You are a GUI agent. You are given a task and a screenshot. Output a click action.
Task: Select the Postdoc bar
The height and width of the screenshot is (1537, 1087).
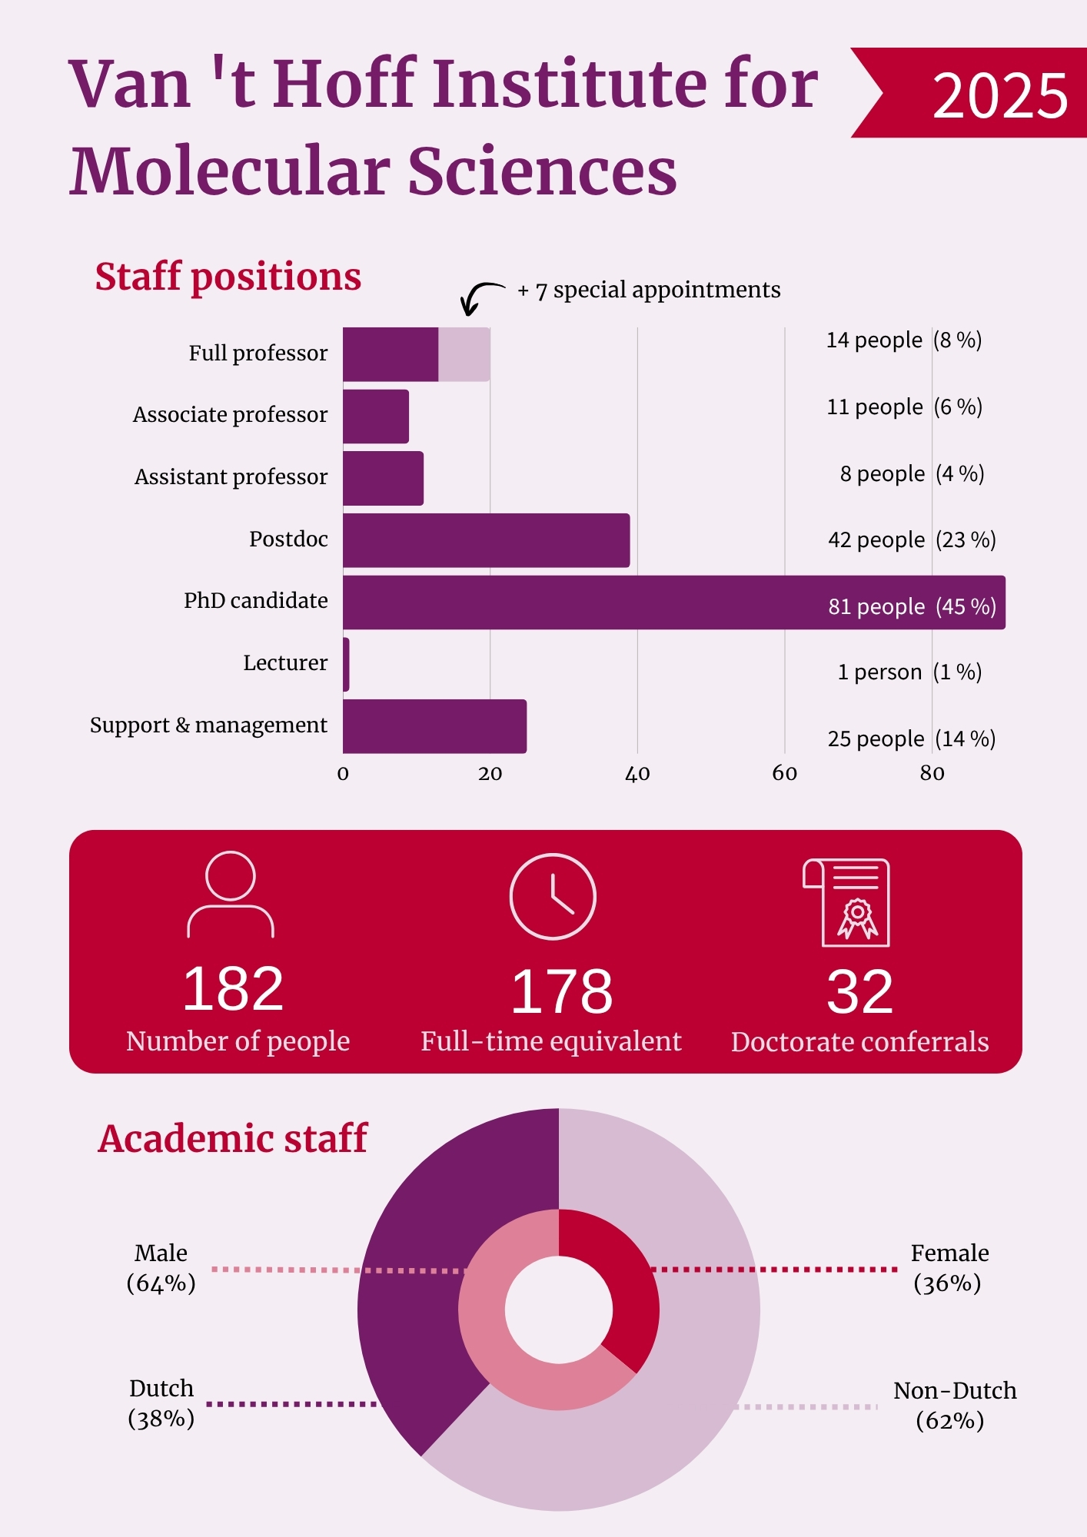487,540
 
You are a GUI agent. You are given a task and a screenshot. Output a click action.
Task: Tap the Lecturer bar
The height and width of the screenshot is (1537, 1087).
347,664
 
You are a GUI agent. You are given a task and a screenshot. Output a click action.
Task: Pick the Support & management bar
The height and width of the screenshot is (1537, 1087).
435,726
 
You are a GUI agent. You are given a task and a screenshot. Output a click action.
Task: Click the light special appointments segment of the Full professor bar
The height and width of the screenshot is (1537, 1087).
464,354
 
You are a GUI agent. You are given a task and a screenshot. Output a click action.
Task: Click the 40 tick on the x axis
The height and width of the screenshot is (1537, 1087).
637,774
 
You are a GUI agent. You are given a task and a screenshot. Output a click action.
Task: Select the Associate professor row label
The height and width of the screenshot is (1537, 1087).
231,415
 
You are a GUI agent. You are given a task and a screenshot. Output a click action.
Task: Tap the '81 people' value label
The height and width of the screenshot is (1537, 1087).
876,606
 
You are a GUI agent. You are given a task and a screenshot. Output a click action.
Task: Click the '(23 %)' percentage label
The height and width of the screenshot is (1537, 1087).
966,539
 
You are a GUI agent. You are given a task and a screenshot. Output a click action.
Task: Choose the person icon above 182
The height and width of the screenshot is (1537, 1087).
231,894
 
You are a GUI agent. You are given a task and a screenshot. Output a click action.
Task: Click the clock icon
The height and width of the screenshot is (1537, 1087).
553,896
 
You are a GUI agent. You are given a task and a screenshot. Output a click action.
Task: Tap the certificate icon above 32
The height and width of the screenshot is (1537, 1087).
846,902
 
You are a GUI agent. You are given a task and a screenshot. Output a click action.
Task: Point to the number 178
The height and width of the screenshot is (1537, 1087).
562,991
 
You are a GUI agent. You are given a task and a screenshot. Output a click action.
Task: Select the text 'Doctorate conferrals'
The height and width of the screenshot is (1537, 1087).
859,1042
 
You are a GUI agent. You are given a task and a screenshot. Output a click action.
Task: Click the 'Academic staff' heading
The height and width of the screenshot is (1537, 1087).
233,1138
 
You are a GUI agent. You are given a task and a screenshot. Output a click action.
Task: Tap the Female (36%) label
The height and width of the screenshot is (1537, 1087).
949,1268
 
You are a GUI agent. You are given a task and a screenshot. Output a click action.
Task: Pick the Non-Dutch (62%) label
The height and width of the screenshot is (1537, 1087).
954,1406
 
